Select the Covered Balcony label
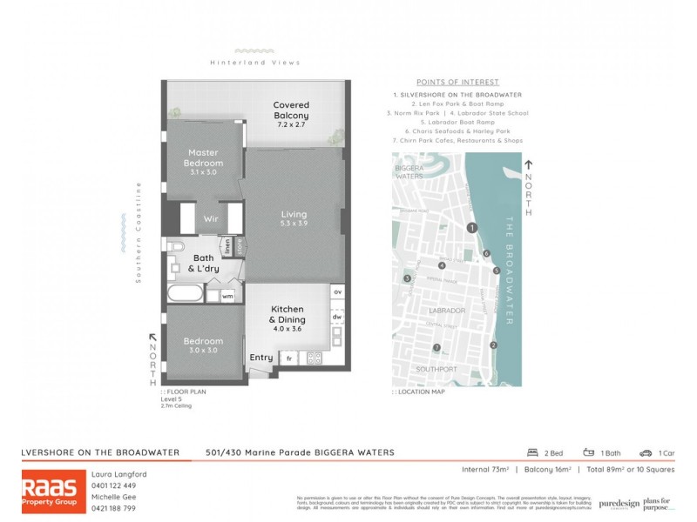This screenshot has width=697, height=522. [291, 110]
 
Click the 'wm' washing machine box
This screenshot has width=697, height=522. [227, 297]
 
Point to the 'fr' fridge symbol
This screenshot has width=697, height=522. [288, 358]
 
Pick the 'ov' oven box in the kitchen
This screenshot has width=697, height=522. [337, 292]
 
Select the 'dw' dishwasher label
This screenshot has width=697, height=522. [337, 317]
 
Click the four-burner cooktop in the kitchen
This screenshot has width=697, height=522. [314, 358]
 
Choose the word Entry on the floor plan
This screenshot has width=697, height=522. [261, 358]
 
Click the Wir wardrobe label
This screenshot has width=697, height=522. [211, 218]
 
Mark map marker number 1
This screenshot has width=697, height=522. [471, 228]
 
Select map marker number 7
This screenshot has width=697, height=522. [437, 349]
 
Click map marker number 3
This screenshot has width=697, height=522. [407, 278]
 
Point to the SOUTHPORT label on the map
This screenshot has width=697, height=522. [437, 369]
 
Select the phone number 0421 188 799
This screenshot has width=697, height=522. [114, 507]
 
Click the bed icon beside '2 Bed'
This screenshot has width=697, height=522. [531, 452]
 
